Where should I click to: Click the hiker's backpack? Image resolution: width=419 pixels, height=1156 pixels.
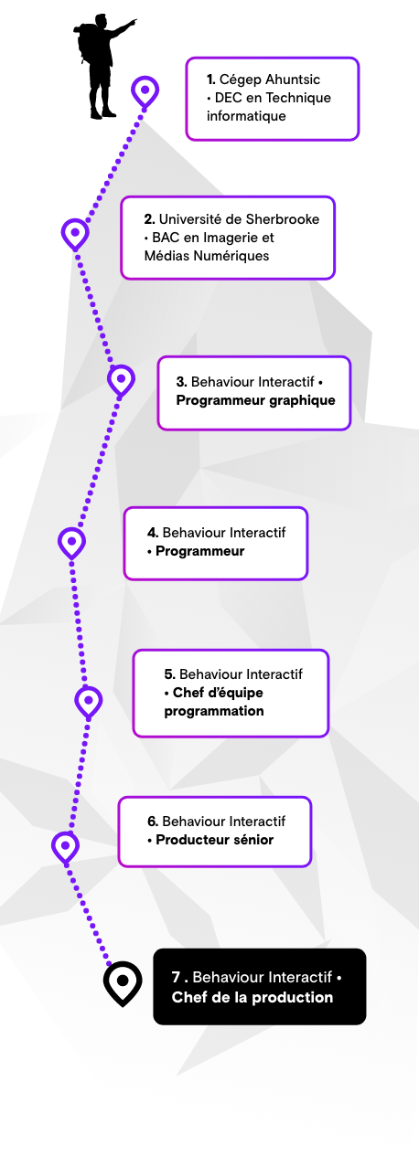(81, 43)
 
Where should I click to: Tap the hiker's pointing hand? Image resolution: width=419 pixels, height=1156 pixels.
(134, 22)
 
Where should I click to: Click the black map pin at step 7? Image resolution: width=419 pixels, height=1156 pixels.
(123, 983)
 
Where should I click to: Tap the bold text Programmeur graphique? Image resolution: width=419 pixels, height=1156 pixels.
(256, 400)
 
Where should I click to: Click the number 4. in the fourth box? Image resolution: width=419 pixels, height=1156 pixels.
(153, 533)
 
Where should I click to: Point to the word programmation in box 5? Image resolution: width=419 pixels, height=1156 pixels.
(214, 711)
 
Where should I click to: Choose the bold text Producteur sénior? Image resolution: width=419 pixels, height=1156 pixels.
(214, 840)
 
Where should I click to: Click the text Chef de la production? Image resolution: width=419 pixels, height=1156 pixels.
(252, 997)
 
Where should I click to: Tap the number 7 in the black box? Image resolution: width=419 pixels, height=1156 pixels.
(177, 977)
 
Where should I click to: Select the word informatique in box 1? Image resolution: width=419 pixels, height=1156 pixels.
(246, 116)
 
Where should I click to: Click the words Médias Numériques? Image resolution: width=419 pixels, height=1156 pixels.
(207, 256)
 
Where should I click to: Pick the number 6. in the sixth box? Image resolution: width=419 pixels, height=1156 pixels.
(153, 821)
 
